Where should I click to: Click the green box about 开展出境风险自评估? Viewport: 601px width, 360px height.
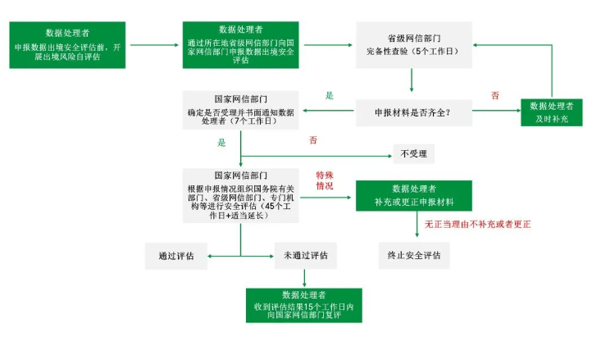pyautogui.click(x=68, y=44)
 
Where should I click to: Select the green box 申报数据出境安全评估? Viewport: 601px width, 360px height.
pyautogui.click(x=241, y=44)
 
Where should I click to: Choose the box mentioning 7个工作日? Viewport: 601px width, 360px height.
pyautogui.click(x=241, y=109)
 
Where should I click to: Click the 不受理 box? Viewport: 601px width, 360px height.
pyautogui.click(x=414, y=154)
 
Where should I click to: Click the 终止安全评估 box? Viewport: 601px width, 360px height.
pyautogui.click(x=414, y=256)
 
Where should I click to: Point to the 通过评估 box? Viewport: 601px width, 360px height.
pyautogui.click(x=176, y=256)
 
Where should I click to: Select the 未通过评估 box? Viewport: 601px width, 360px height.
pyautogui.click(x=306, y=256)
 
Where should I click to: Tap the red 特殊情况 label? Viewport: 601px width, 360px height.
pyautogui.click(x=325, y=181)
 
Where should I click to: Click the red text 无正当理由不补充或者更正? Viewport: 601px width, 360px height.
pyautogui.click(x=477, y=225)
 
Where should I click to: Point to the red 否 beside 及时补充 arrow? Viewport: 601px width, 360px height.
pyautogui.click(x=495, y=96)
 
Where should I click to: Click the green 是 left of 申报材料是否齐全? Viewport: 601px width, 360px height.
pyautogui.click(x=330, y=96)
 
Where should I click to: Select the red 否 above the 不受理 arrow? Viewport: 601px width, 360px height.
pyautogui.click(x=313, y=140)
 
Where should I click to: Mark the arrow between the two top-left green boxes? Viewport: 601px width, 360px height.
pyautogui.click(x=153, y=44)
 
